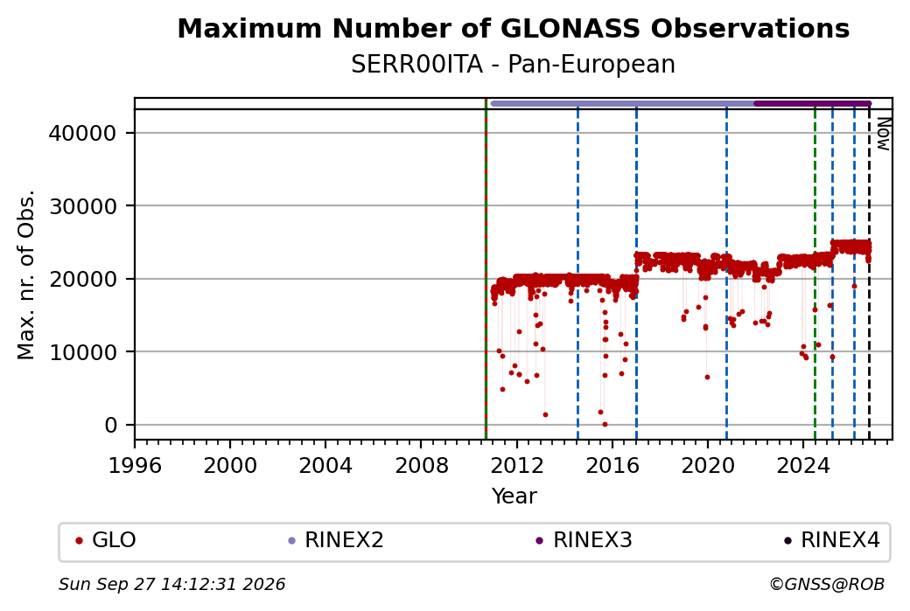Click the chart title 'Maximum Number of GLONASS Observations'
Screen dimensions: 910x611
point(513,28)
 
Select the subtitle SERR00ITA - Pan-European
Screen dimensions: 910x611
point(513,65)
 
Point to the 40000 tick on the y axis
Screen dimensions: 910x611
point(82,134)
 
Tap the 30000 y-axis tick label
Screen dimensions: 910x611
point(82,206)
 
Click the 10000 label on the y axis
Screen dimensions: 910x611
point(82,352)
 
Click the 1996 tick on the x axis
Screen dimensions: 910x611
point(135,465)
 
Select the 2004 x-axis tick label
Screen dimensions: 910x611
point(325,465)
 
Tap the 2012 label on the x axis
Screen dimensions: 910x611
point(516,465)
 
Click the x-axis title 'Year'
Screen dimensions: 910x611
point(514,496)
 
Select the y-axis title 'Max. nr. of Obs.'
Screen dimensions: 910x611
point(26,274)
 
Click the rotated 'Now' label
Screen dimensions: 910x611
point(883,134)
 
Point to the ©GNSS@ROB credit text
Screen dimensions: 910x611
point(827,584)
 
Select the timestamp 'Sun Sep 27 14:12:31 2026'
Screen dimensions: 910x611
point(171,584)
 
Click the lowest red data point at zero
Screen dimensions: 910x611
point(605,424)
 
